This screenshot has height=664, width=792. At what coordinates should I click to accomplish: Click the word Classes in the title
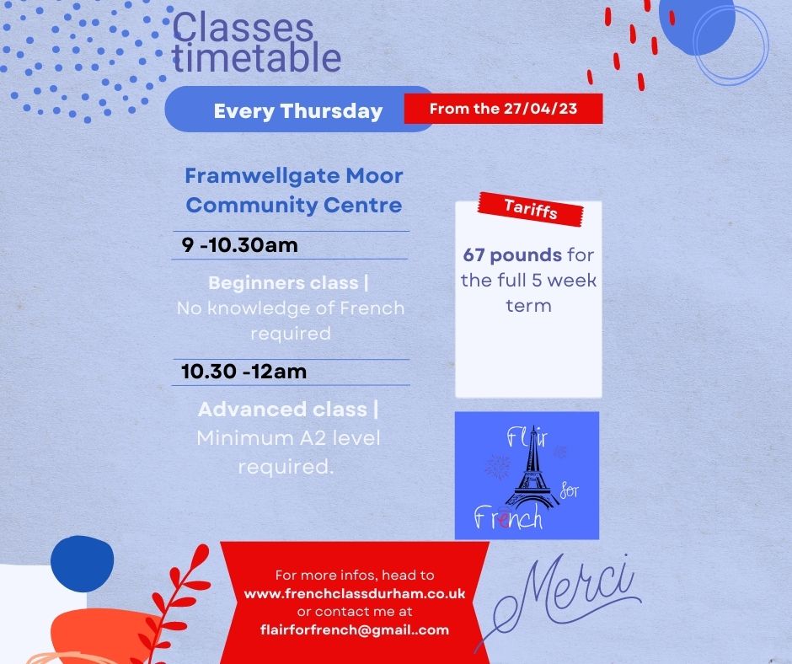pyautogui.click(x=242, y=29)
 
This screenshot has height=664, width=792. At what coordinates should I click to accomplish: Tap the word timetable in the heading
pyautogui.click(x=256, y=59)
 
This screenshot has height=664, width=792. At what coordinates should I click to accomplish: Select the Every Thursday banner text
pyautogui.click(x=297, y=110)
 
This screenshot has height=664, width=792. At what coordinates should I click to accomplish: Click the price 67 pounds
pyautogui.click(x=512, y=254)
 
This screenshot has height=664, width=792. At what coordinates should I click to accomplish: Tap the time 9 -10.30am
pyautogui.click(x=240, y=245)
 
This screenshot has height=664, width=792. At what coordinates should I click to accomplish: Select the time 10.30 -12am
pyautogui.click(x=243, y=371)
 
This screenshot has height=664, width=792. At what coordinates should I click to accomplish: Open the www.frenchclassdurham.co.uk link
pyautogui.click(x=354, y=593)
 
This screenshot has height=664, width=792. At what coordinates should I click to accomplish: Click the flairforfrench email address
pyautogui.click(x=354, y=629)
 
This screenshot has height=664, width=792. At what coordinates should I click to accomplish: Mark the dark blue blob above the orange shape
pyautogui.click(x=81, y=563)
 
